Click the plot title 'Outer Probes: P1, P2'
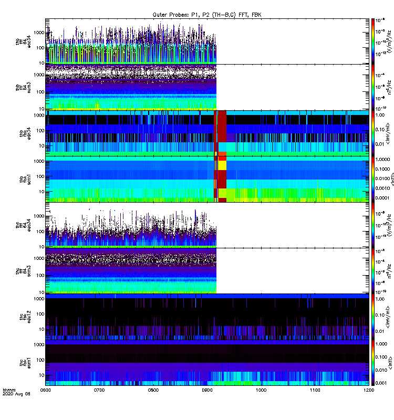[x=206, y=15]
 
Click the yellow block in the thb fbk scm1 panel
[x=222, y=166]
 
